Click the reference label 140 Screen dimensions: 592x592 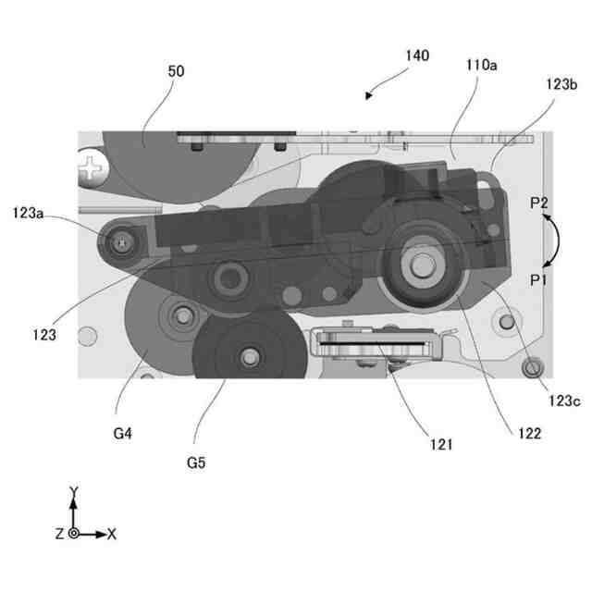[416, 56]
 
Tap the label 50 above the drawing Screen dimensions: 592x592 [176, 70]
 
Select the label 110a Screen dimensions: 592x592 [480, 66]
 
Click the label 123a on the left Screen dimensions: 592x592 [29, 213]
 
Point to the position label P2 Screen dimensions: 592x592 [539, 202]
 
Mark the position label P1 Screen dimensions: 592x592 [539, 278]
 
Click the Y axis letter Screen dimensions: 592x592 [73, 491]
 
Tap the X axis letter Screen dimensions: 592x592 [111, 534]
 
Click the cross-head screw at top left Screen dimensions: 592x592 [92, 169]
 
